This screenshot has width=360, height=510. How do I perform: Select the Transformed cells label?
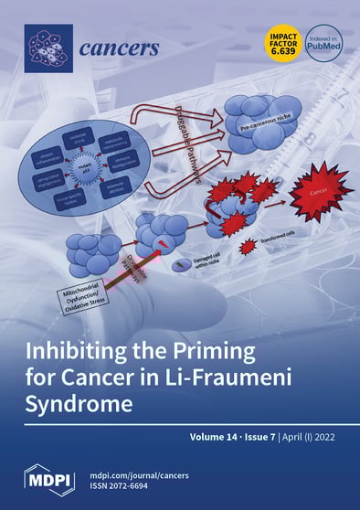coord(285,243)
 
